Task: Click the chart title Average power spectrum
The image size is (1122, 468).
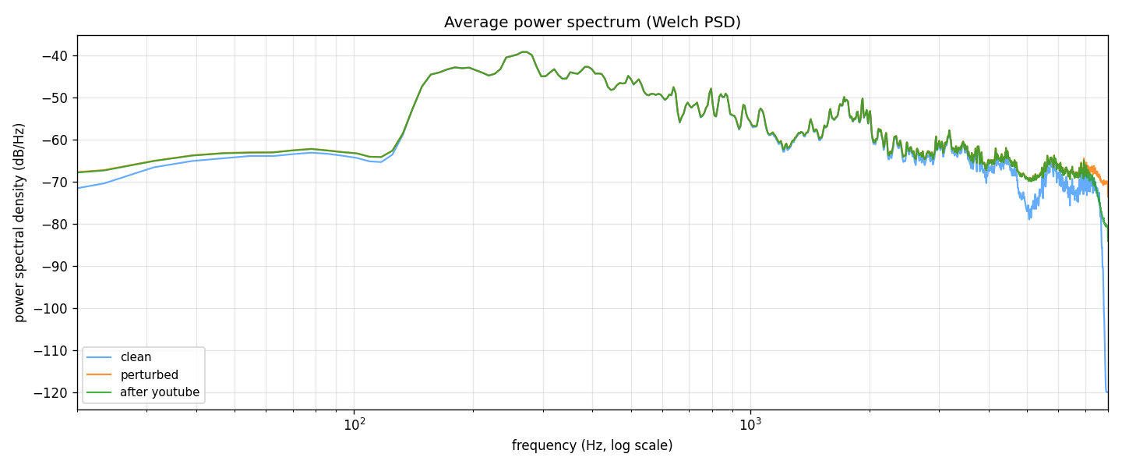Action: pos(592,23)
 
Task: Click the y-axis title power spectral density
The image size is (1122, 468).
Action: pos(20,222)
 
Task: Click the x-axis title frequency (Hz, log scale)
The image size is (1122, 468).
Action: pos(592,446)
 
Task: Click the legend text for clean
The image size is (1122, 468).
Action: pos(136,358)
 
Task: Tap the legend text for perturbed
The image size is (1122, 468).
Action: pos(149,375)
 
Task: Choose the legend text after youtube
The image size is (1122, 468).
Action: pos(160,392)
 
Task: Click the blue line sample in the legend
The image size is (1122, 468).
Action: pos(99,358)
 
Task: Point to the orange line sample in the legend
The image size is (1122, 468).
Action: pos(99,375)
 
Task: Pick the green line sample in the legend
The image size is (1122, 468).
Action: pos(99,392)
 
